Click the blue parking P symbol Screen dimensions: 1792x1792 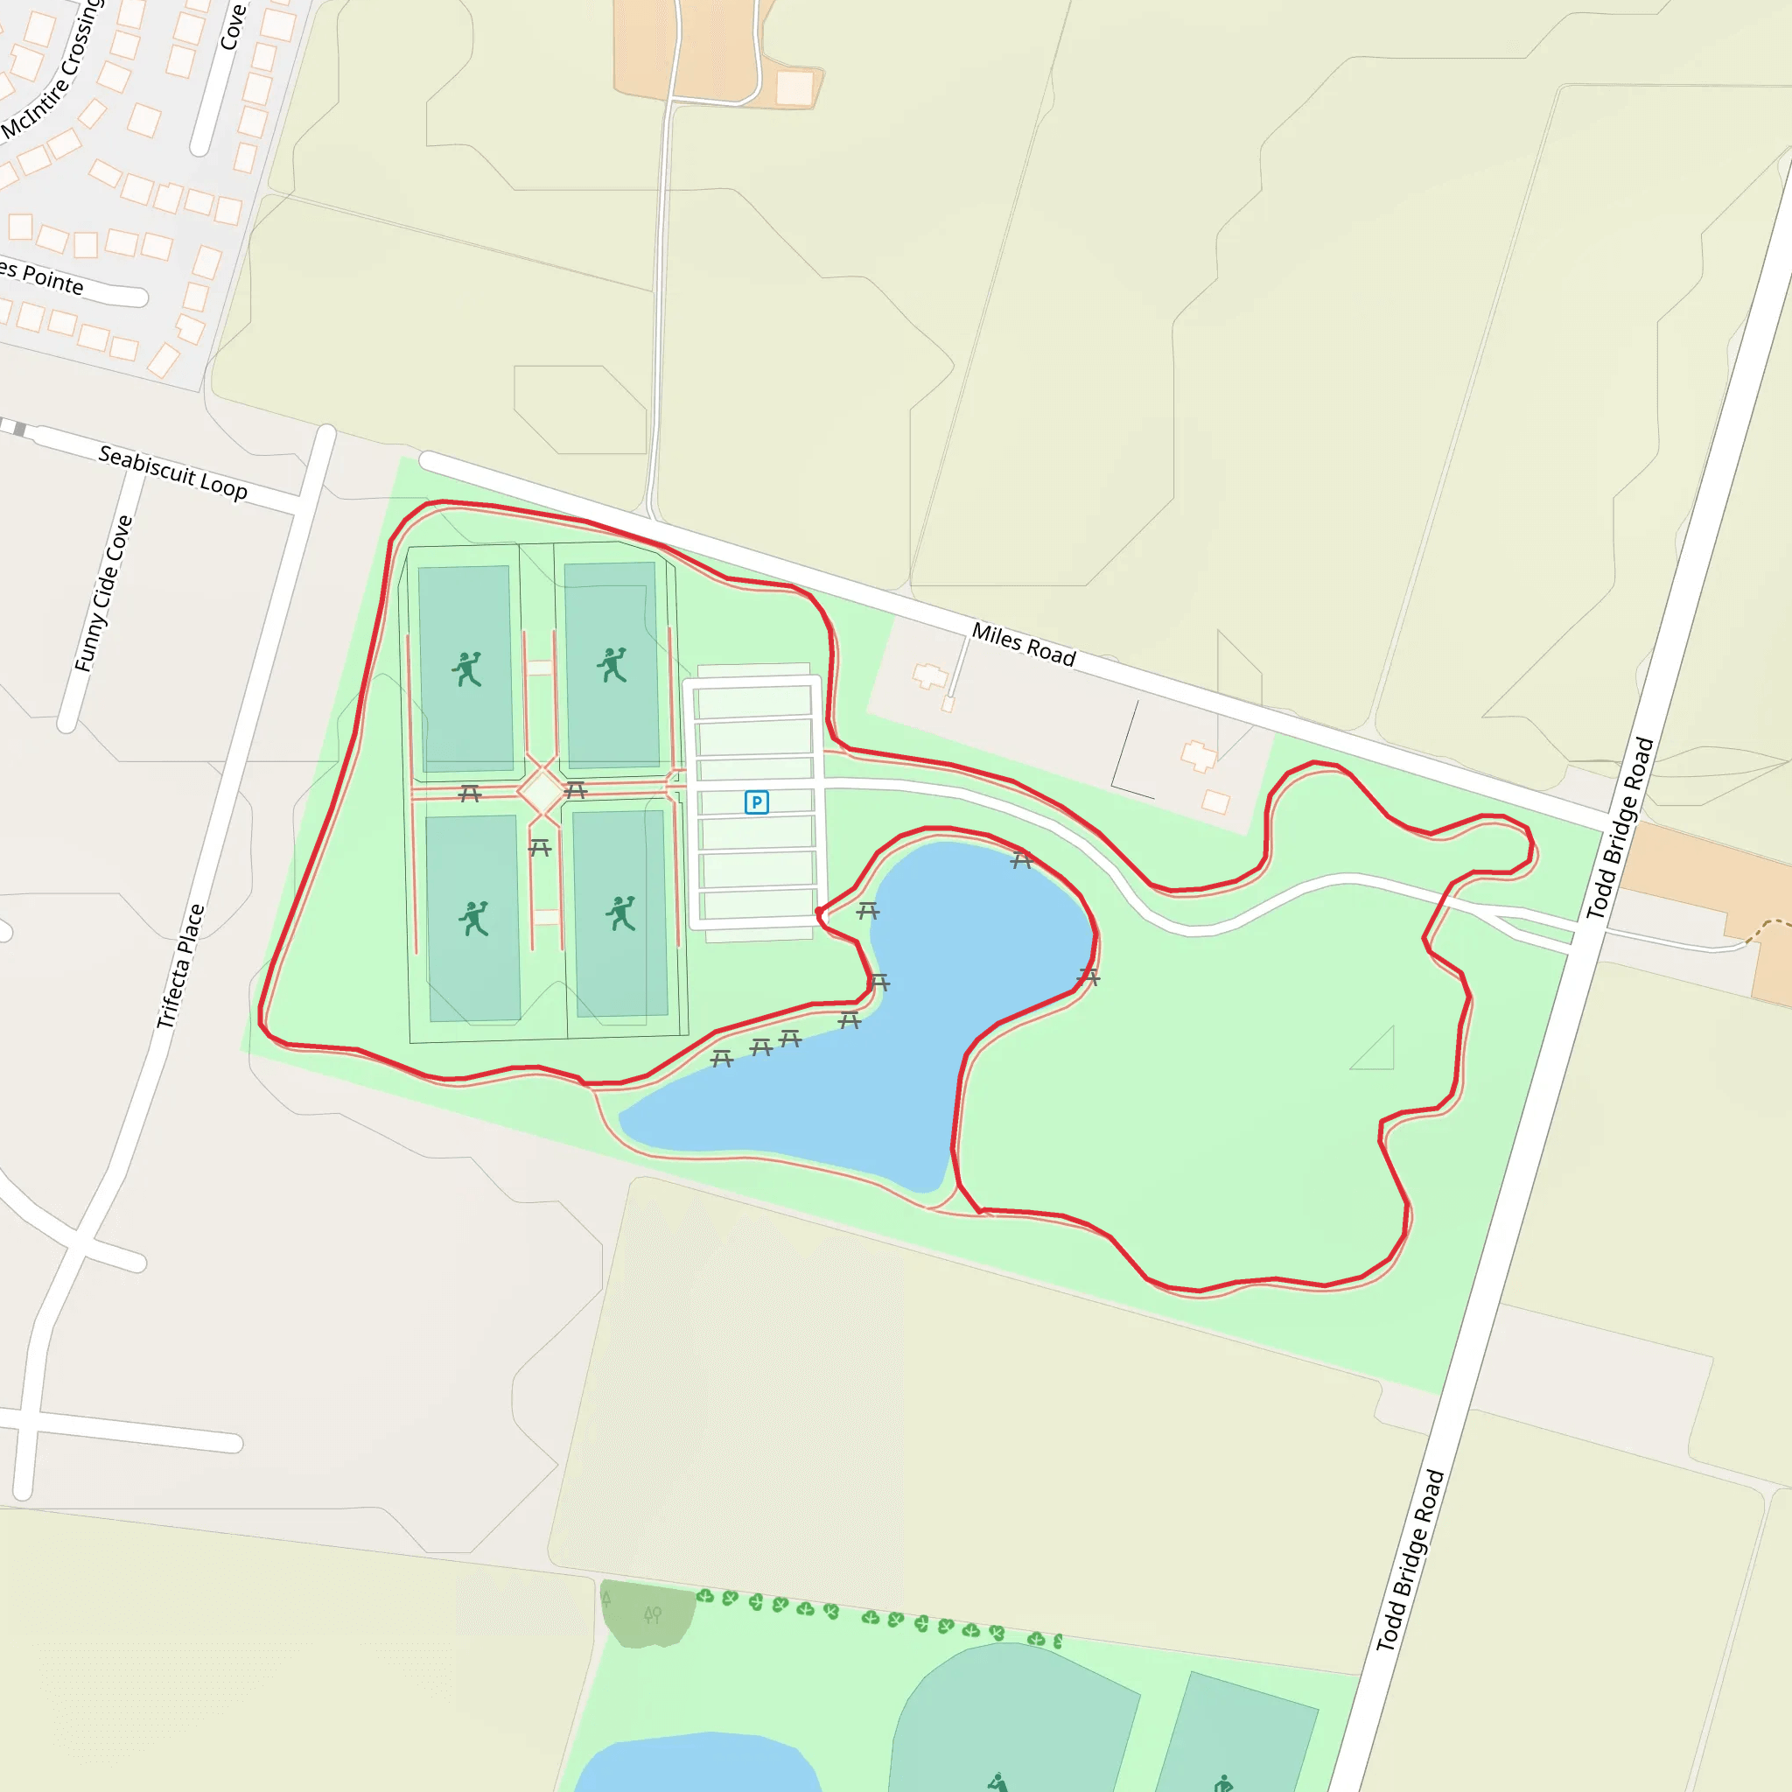tap(756, 802)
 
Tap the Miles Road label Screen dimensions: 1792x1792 tap(1023, 645)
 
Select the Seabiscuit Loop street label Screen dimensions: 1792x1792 tap(172, 472)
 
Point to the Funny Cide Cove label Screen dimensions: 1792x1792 tap(103, 593)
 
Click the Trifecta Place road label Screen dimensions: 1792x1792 tap(180, 966)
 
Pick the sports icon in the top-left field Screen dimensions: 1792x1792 tap(467, 668)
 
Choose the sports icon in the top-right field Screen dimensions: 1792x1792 tap(612, 665)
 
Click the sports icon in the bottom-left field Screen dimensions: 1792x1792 tap(473, 918)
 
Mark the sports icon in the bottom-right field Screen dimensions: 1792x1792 tap(620, 913)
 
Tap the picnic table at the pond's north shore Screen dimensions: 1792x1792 tap(1021, 861)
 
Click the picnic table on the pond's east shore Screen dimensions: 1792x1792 tap(1088, 976)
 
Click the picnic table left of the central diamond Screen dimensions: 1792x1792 tap(470, 793)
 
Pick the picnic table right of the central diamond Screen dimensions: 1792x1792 tap(575, 790)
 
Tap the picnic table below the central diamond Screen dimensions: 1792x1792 tap(540, 847)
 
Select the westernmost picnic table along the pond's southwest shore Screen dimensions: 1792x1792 tap(722, 1059)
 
